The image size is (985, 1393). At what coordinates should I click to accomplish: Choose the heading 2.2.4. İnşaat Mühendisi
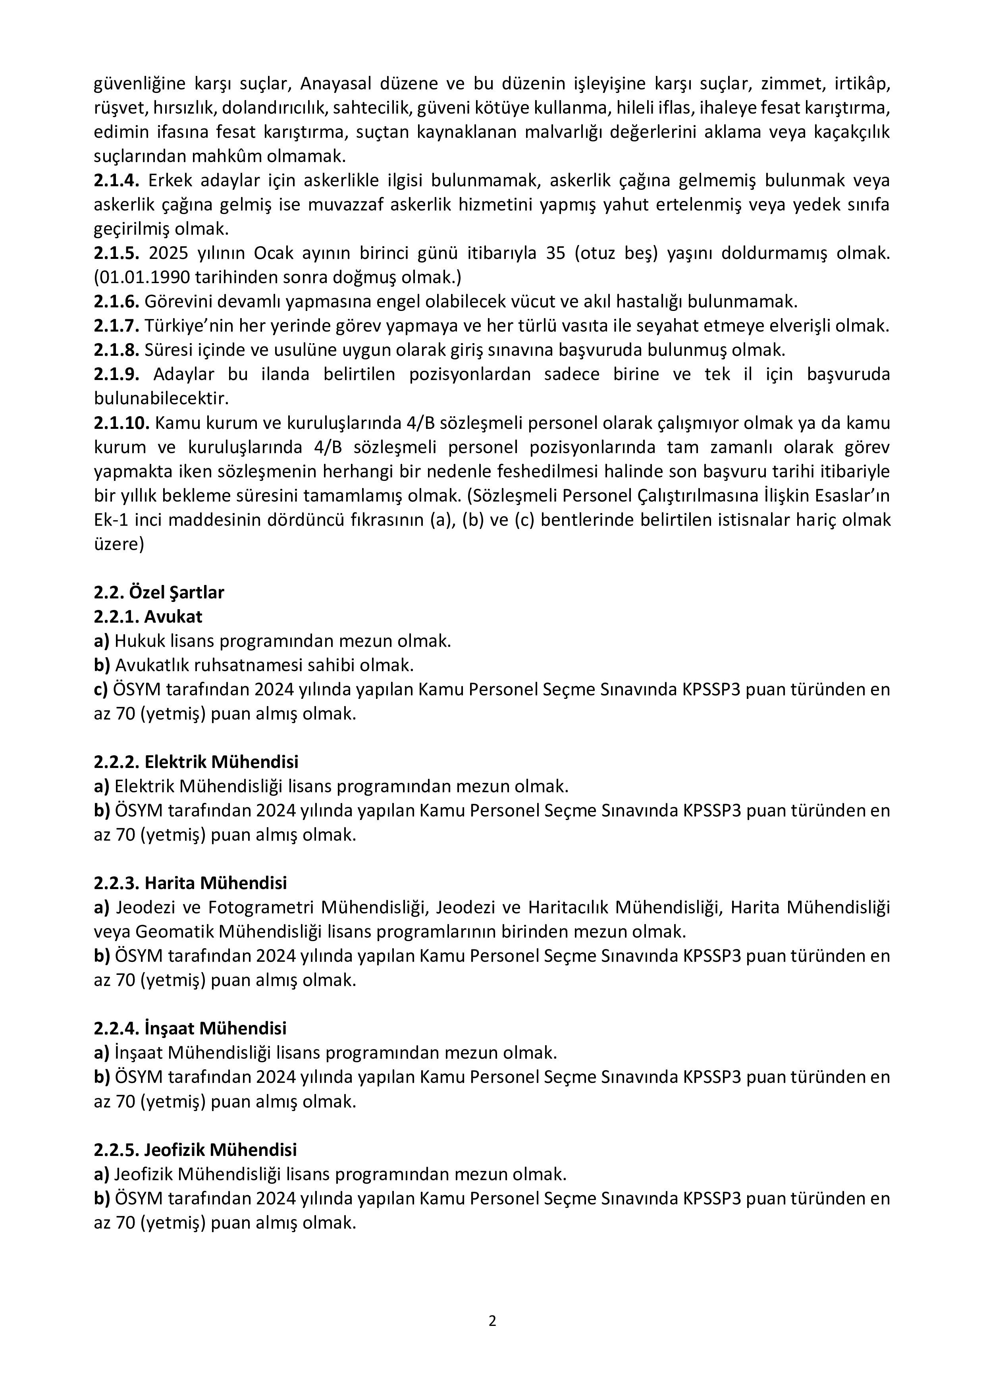tap(190, 1028)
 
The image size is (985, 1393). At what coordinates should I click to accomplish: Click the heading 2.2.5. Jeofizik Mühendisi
tap(195, 1150)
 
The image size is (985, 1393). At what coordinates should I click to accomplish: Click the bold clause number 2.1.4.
tap(116, 180)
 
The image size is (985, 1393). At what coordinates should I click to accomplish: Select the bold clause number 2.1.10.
tap(121, 423)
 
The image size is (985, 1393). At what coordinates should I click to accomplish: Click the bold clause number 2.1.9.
tap(116, 374)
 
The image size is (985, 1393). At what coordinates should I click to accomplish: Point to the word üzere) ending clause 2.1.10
tap(119, 544)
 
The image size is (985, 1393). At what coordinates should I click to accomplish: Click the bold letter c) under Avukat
tap(101, 689)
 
